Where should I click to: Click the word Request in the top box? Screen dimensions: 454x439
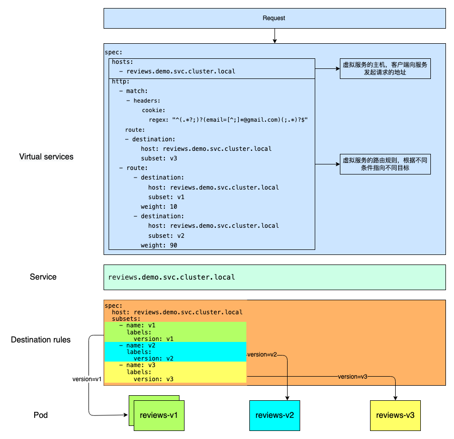(274, 18)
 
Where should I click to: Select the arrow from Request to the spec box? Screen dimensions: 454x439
(275, 36)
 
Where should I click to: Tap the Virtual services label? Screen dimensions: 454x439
(46, 157)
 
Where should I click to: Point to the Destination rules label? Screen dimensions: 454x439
(41, 339)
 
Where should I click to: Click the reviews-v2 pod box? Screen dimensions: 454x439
(275, 415)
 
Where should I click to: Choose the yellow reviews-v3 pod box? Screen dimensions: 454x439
(395, 415)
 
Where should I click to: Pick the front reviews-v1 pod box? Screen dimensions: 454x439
(159, 415)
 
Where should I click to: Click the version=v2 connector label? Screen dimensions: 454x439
(262, 355)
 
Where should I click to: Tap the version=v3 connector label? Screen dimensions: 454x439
(352, 377)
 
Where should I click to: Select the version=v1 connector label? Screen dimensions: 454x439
(87, 379)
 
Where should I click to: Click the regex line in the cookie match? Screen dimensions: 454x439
(228, 120)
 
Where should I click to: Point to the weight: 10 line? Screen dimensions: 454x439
(159, 207)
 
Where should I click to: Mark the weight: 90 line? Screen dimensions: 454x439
(159, 245)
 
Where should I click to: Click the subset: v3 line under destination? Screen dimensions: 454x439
(159, 158)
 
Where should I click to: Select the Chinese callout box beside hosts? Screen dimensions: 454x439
(385, 68)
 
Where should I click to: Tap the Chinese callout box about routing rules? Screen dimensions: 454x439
(385, 164)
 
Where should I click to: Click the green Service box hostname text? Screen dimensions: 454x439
(171, 277)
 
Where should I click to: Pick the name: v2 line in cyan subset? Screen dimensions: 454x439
(137, 345)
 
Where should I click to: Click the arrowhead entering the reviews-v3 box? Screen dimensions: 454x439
(395, 398)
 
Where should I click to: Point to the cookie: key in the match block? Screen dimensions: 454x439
(153, 110)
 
